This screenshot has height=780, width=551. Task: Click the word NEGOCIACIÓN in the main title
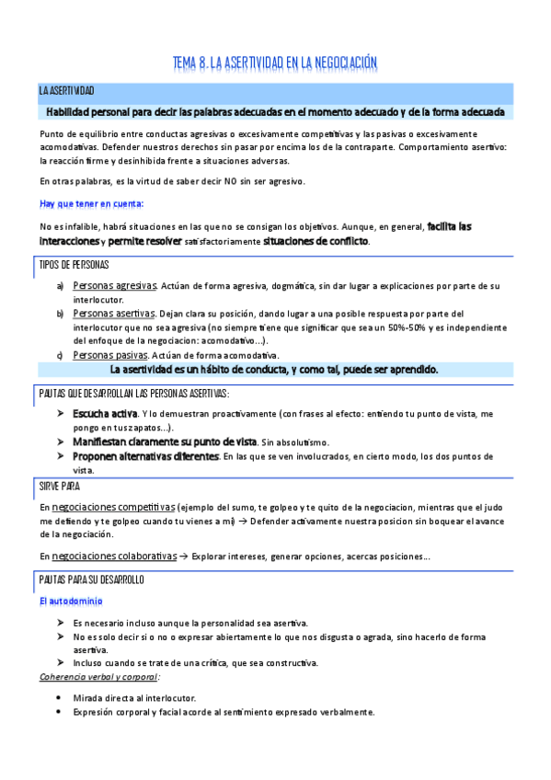click(x=335, y=63)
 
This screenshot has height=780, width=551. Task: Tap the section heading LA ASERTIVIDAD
click(x=66, y=91)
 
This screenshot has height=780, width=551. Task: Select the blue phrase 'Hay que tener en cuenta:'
click(x=92, y=203)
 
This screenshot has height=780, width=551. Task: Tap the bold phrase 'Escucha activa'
click(x=105, y=413)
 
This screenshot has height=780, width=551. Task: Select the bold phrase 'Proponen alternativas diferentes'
click(x=145, y=456)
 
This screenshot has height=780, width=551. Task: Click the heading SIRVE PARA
click(x=63, y=485)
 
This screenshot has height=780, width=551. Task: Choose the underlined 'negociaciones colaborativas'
click(x=115, y=556)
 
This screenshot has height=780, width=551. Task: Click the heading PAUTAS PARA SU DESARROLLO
click(x=91, y=580)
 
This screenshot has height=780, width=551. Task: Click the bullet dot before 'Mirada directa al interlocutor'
click(x=59, y=697)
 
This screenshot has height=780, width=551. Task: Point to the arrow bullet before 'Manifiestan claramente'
click(x=60, y=442)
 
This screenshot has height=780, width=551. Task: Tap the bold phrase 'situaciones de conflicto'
click(x=316, y=241)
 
